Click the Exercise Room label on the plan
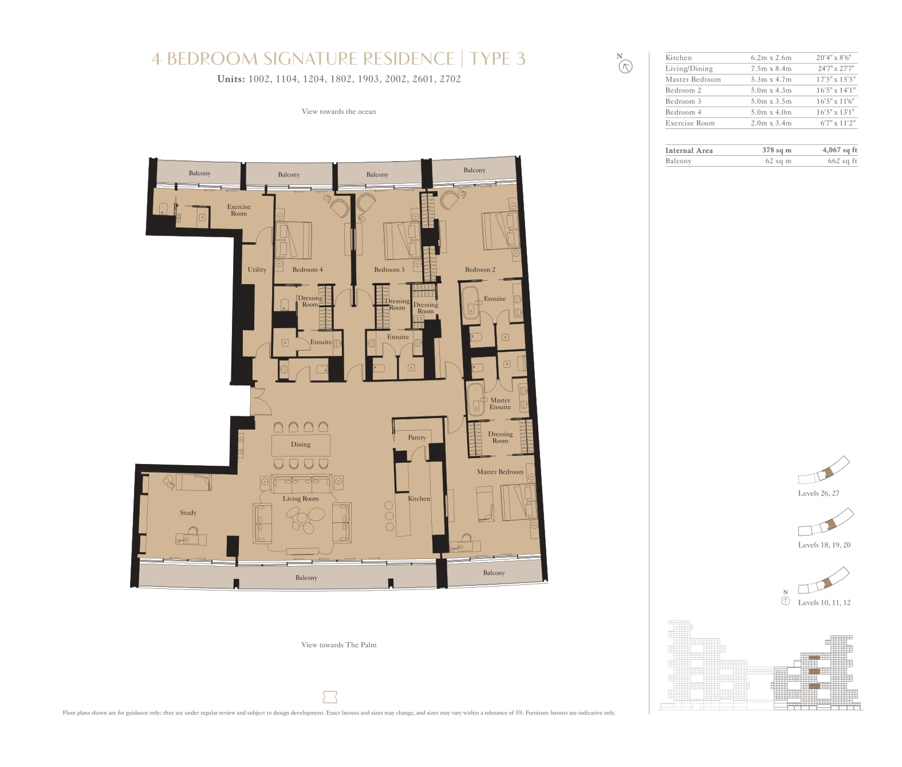point(239,210)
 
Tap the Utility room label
point(257,270)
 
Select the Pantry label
point(417,438)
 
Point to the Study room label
point(188,513)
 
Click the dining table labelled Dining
point(301,445)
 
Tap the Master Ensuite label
point(500,403)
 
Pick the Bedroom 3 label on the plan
point(389,270)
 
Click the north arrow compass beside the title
point(626,67)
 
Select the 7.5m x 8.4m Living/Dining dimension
point(771,69)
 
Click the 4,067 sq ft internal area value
point(840,150)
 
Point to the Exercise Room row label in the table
point(690,123)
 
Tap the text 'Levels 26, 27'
point(818,493)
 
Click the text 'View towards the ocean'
point(338,111)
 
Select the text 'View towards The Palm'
point(338,645)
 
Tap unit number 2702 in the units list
point(450,79)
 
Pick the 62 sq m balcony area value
point(778,161)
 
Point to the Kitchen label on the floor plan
point(419,498)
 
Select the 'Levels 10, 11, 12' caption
point(824,603)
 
